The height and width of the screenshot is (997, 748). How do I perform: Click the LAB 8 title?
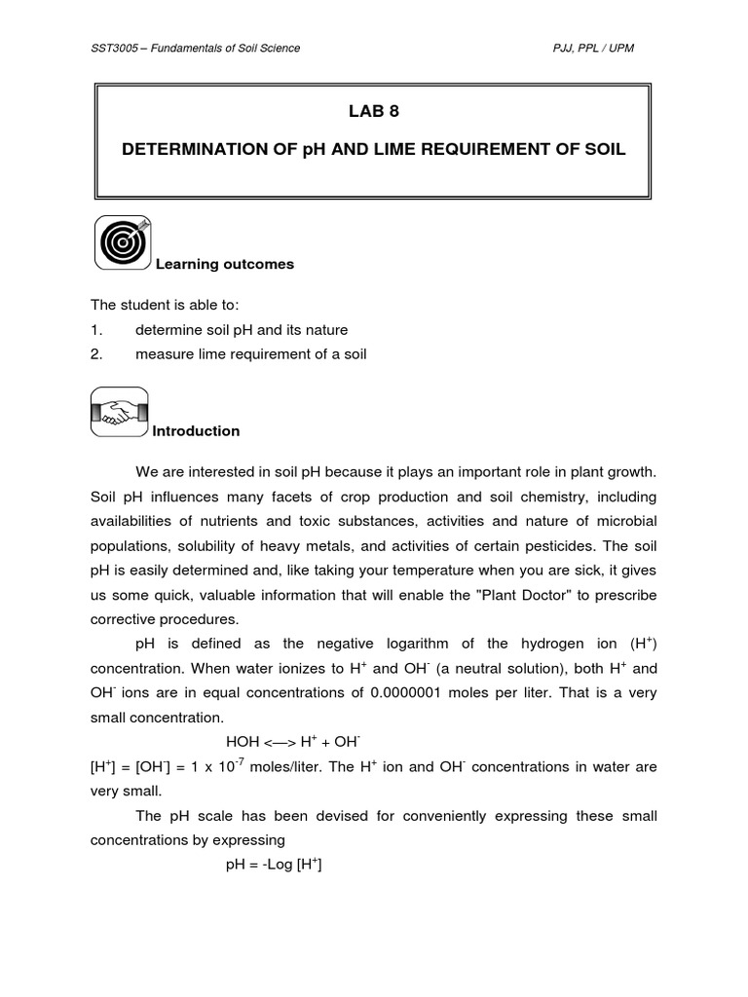[x=374, y=111]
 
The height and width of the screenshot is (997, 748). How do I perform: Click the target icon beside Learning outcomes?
[x=123, y=242]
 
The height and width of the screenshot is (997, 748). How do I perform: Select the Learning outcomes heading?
[x=225, y=265]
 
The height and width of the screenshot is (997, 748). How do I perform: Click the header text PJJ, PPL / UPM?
[x=592, y=49]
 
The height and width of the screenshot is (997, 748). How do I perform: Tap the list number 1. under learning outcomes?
[x=96, y=330]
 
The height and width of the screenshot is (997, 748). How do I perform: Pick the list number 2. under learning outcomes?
[x=96, y=354]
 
